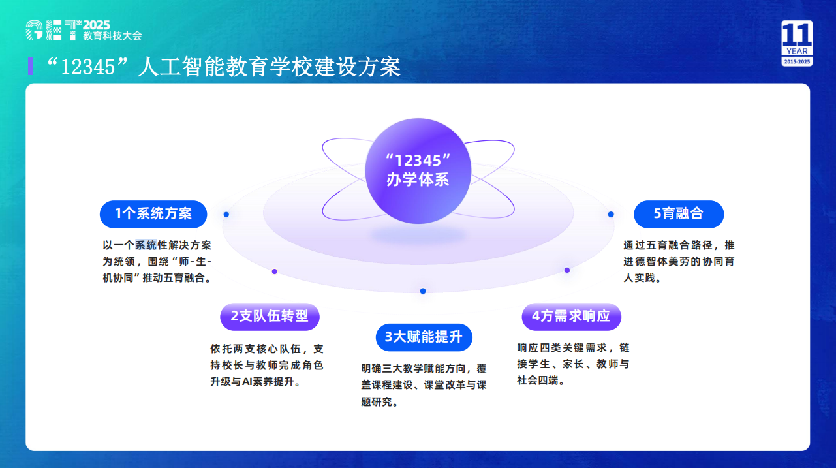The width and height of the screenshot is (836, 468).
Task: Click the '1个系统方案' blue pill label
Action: [153, 214]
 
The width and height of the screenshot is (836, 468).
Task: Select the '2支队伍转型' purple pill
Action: [270, 317]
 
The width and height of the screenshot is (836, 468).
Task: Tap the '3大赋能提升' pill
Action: [424, 337]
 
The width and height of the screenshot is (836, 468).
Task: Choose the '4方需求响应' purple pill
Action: [572, 317]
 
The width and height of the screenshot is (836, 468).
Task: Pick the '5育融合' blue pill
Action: [679, 214]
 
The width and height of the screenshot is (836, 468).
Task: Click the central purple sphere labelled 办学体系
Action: [418, 171]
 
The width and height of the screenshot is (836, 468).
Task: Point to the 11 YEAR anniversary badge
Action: [797, 43]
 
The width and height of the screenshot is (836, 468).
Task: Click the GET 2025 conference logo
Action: [84, 30]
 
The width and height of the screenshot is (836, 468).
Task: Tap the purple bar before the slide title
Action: [31, 67]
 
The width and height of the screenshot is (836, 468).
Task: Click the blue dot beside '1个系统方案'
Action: [226, 215]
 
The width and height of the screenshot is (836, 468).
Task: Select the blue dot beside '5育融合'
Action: [611, 214]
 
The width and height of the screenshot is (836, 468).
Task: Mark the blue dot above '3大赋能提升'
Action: [423, 291]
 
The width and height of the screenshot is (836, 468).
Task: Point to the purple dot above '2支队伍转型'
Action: [275, 272]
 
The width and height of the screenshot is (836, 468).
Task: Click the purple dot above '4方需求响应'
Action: [567, 270]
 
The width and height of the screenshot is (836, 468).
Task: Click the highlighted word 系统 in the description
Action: [146, 245]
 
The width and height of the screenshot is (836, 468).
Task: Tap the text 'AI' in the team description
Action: [247, 382]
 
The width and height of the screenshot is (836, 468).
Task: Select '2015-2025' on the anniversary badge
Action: [797, 61]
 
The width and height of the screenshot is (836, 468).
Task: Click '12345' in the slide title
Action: [88, 67]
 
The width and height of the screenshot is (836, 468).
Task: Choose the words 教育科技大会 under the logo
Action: [112, 36]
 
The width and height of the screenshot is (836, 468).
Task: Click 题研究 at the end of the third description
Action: [377, 402]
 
